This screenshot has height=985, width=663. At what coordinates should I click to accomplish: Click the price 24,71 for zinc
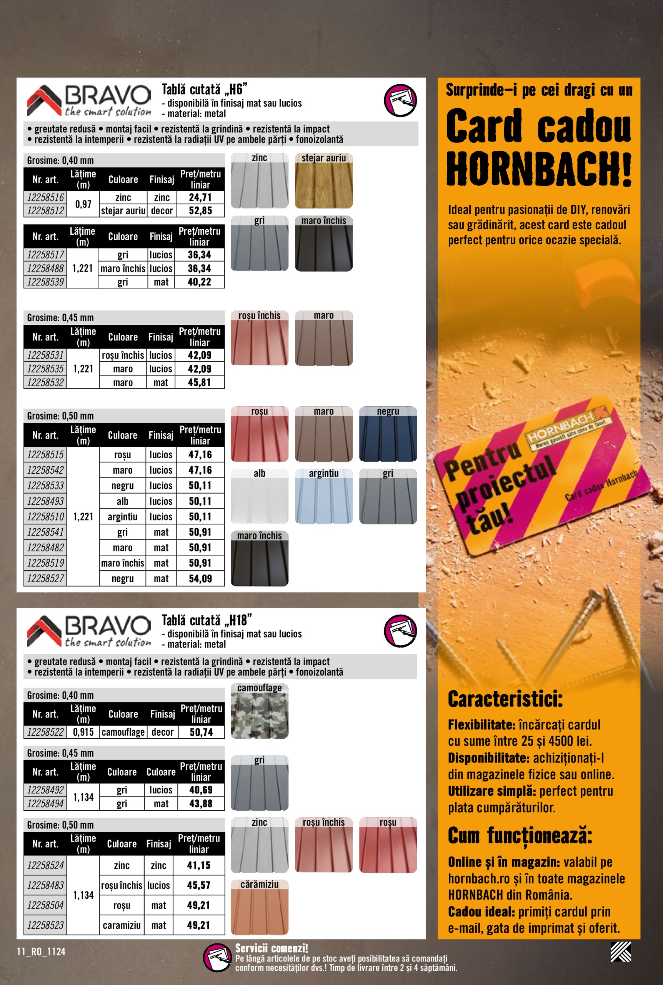click(200, 197)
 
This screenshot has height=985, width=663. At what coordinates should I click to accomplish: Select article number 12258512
click(45, 210)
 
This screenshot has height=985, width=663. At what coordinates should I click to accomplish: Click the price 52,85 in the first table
click(200, 210)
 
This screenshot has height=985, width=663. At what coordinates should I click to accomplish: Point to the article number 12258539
click(45, 282)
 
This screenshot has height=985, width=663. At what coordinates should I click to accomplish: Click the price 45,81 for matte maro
click(199, 383)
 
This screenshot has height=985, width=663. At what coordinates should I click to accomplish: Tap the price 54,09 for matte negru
click(200, 579)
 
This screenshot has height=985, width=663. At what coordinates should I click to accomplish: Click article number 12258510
click(45, 517)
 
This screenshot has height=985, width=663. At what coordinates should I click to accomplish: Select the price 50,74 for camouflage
click(201, 732)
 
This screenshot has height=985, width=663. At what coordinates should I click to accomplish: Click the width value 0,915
click(83, 732)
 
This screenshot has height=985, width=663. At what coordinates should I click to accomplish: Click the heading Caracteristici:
click(505, 699)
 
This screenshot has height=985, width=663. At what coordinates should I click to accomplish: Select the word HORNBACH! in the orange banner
click(539, 169)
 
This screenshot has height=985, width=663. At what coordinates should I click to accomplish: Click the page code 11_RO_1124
click(41, 952)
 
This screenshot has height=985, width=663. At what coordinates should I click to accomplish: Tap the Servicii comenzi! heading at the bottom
click(272, 948)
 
